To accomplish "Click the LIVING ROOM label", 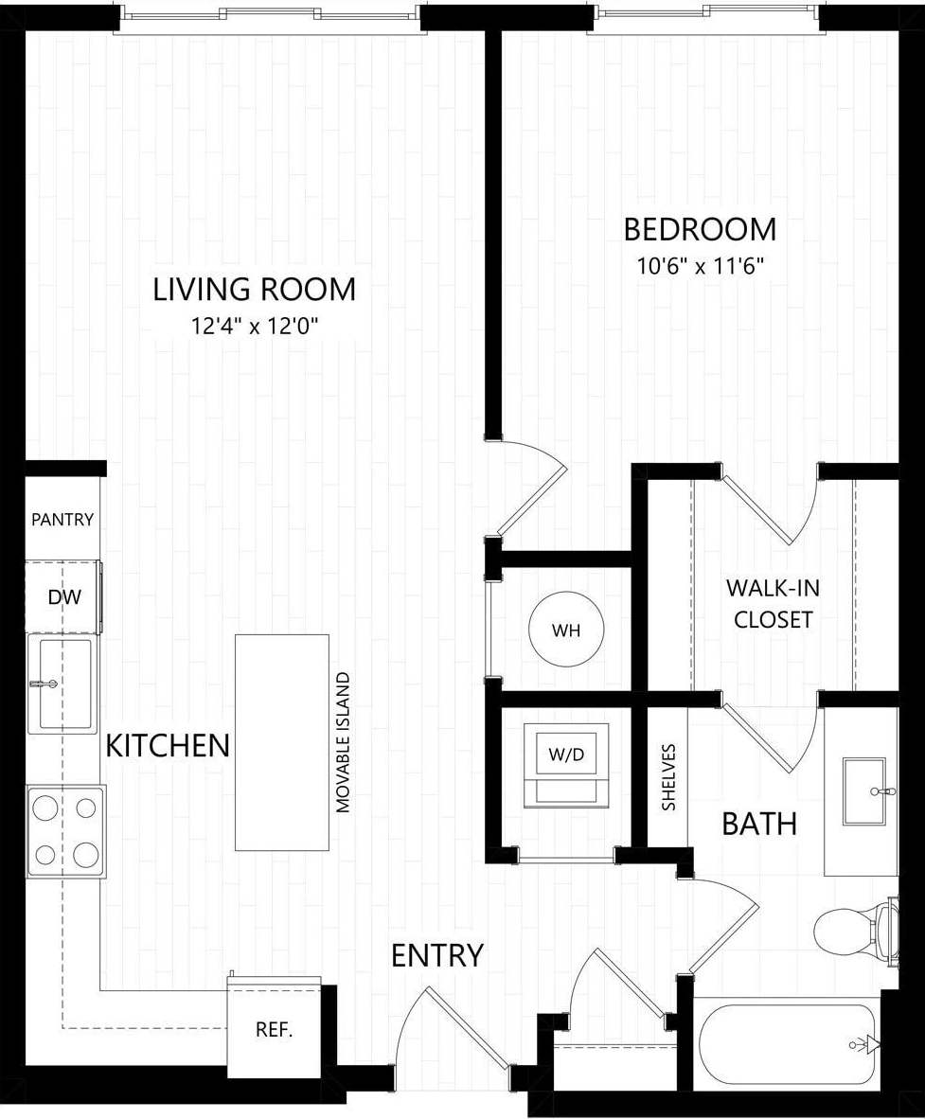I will (x=255, y=289).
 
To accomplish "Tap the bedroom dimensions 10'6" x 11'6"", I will (x=700, y=266).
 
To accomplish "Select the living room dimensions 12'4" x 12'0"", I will (x=255, y=327).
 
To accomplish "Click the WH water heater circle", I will (x=566, y=631).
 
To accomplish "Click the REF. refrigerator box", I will (x=274, y=1030).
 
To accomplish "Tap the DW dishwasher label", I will (x=63, y=596).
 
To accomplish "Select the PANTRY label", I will (x=62, y=520).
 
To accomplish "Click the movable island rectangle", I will (x=282, y=742).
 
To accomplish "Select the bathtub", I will (x=786, y=1044).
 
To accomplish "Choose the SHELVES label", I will (x=668, y=776).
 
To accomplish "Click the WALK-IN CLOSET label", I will (x=773, y=603).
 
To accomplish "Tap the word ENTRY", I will (x=437, y=955).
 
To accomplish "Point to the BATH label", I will (x=758, y=824).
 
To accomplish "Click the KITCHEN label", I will (x=168, y=746).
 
